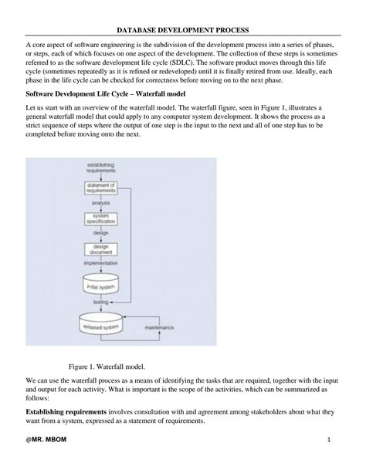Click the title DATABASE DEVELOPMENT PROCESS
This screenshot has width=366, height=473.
[183, 29]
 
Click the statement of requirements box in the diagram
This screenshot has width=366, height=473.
[100, 189]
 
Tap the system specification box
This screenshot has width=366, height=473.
[100, 219]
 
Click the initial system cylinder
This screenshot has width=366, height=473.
[100, 283]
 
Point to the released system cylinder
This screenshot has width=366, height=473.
[100, 326]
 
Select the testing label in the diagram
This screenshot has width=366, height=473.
[100, 302]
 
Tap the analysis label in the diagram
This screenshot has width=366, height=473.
[100, 204]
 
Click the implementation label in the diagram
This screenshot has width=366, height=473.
[100, 263]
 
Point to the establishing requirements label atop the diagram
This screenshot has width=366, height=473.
[100, 167]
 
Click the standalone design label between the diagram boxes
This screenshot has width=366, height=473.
[100, 233]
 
